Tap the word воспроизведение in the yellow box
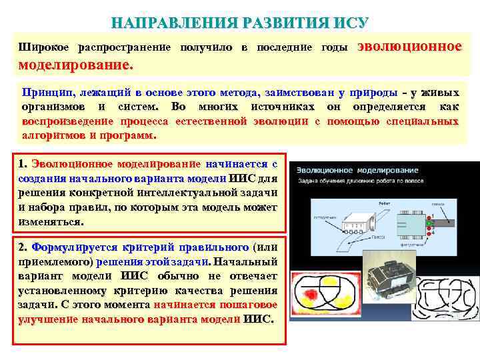pos(68,121)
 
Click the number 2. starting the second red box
pos(23,245)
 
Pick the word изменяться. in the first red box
pos(51,221)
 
